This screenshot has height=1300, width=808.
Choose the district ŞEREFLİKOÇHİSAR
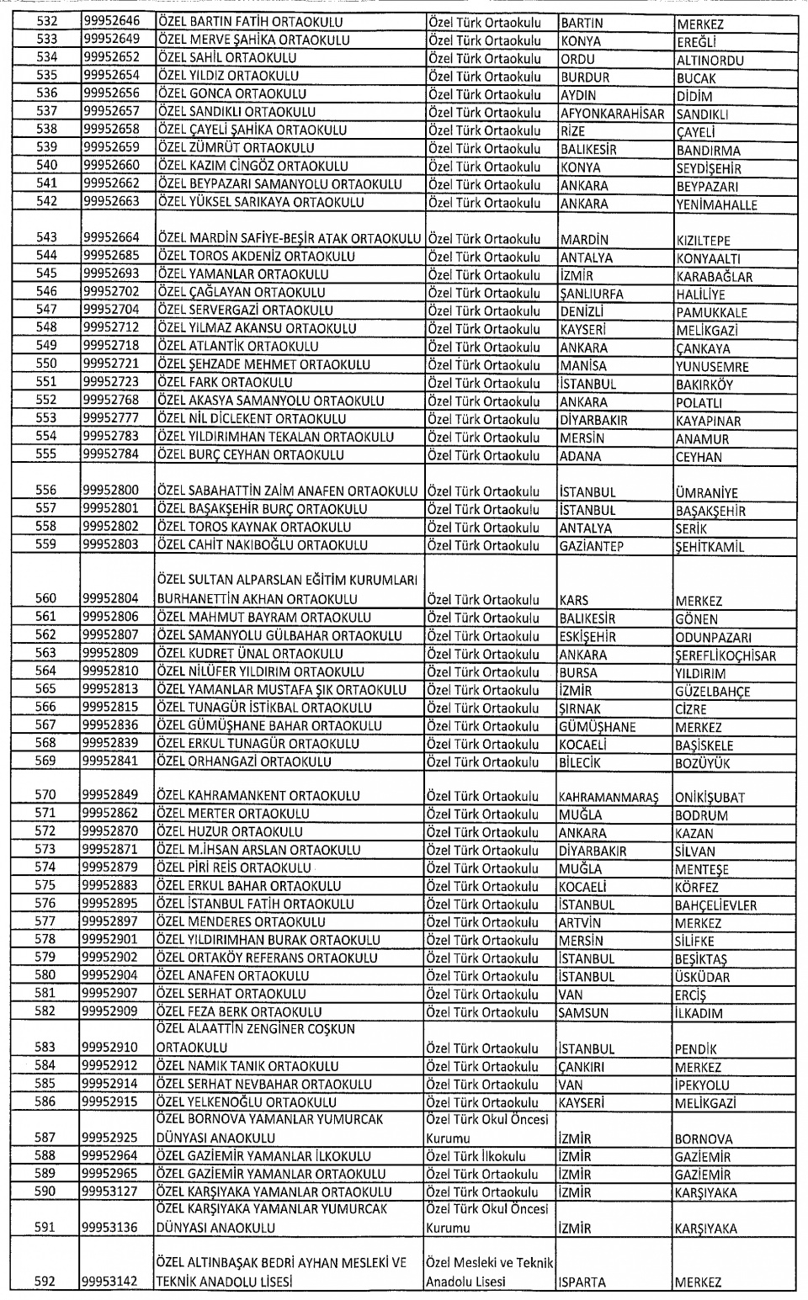[726, 656]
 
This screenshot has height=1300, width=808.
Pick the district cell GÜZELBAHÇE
[712, 692]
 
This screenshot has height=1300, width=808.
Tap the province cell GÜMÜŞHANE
[597, 727]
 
